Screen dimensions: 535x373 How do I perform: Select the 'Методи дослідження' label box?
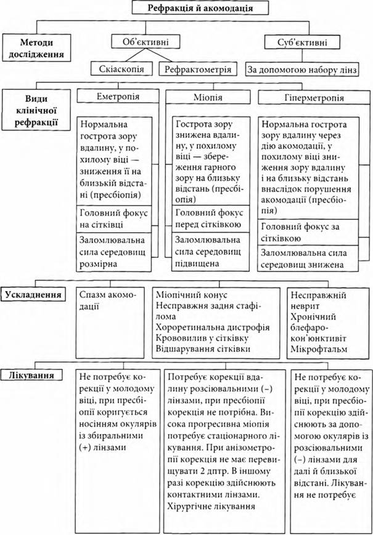pos(34,47)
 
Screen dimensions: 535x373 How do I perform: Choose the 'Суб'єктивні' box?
pos(295,42)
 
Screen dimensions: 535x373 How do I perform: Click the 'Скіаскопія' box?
pos(121,68)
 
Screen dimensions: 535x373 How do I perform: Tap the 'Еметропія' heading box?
pos(118,97)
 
